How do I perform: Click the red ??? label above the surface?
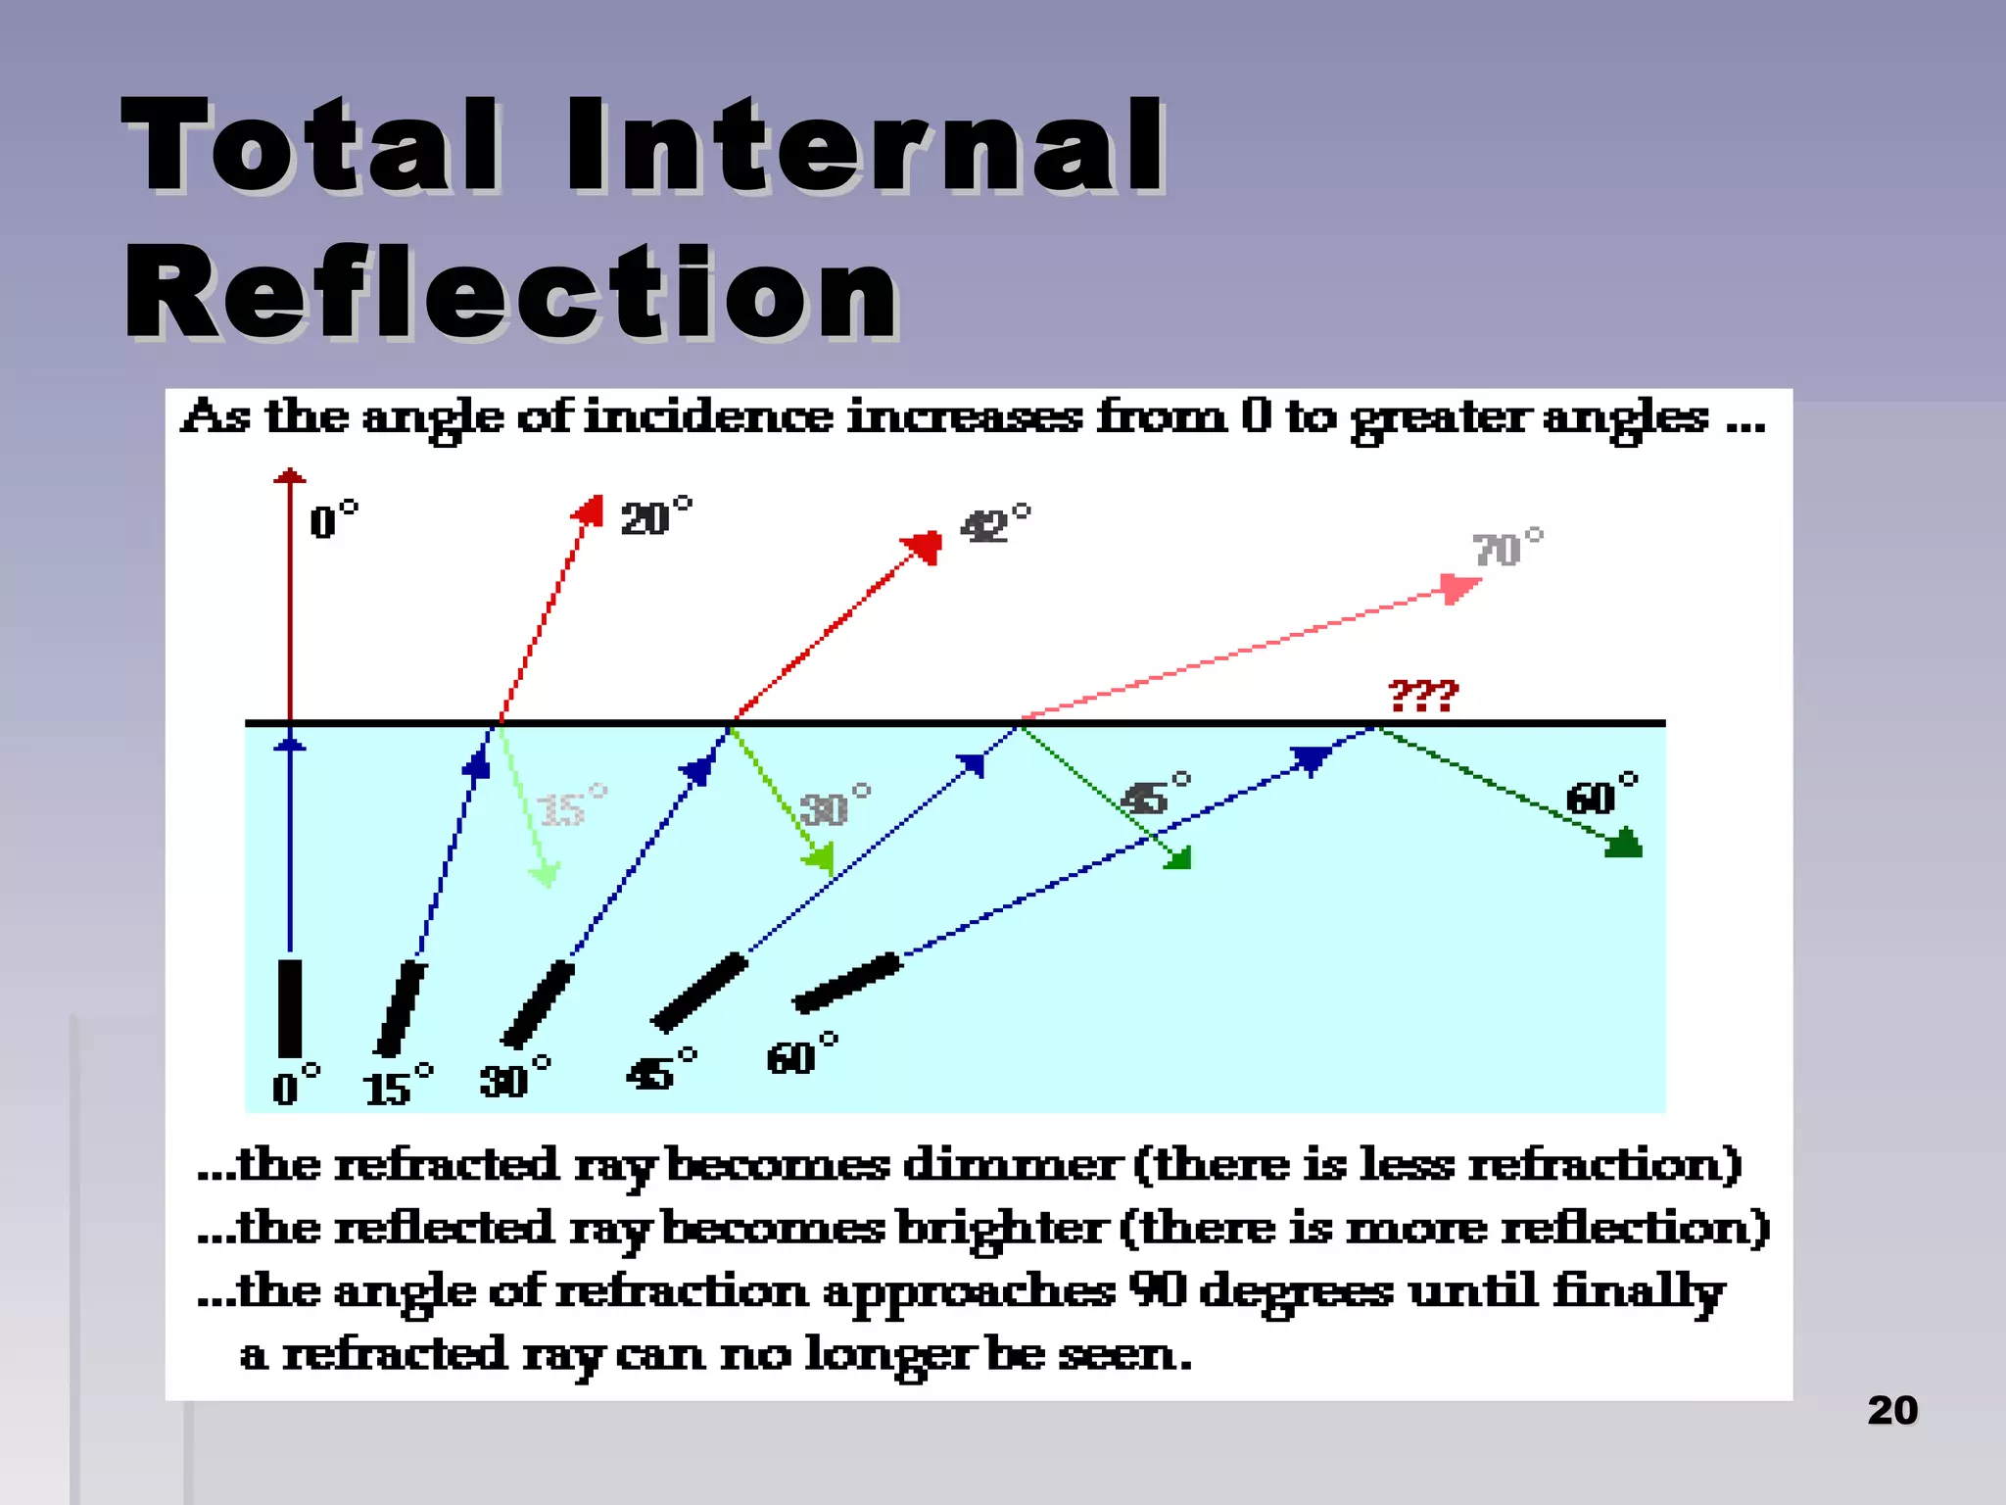[x=1423, y=696]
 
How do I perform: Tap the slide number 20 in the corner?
[x=1891, y=1411]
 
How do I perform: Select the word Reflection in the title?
[x=510, y=292]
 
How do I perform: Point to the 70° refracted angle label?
[x=1506, y=549]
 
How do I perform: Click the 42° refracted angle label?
[x=994, y=525]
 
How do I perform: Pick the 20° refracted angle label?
[x=655, y=517]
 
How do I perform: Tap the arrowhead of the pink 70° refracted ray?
[x=1459, y=588]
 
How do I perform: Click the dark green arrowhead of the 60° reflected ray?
[x=1623, y=843]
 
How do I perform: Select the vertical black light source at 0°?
[x=290, y=1008]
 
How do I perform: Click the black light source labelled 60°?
[x=847, y=983]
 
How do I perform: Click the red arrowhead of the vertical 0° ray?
[x=290, y=476]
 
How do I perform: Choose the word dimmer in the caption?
[x=1011, y=1166]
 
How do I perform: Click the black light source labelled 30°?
[x=538, y=1004]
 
